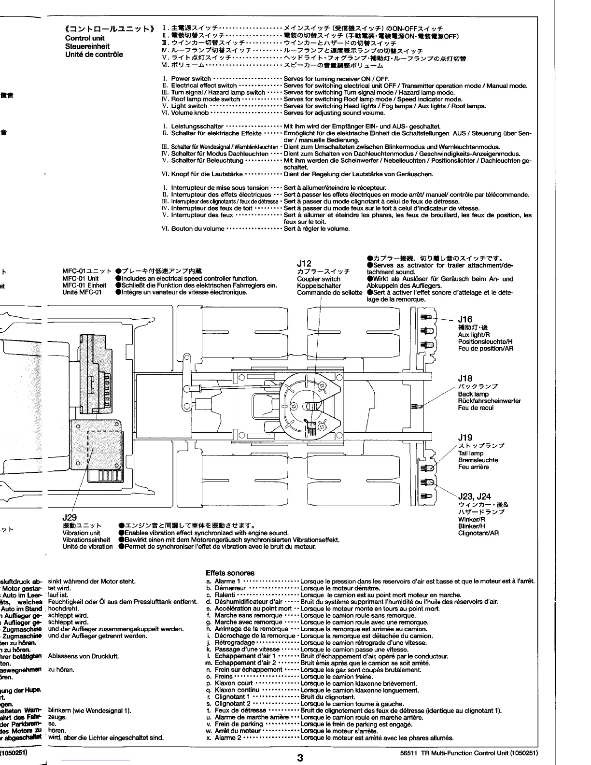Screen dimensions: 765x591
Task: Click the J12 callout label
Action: (304, 263)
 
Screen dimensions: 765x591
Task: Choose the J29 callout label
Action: (70, 517)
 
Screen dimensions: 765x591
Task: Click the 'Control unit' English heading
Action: (84, 38)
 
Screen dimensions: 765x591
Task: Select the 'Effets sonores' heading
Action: (230, 573)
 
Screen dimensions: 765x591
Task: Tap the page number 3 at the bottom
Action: (300, 758)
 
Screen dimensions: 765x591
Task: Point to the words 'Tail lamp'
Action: (470, 453)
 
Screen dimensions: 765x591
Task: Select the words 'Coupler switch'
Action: (319, 279)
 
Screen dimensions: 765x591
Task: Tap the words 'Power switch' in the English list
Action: (191, 79)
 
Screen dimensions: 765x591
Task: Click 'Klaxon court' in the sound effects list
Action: (234, 683)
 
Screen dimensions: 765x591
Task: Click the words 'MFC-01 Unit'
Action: (80, 279)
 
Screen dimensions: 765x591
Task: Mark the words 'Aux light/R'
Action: (474, 335)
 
